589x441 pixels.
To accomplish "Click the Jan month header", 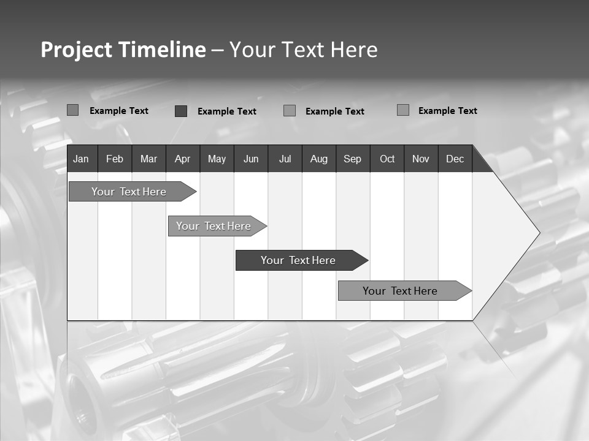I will click(x=81, y=159).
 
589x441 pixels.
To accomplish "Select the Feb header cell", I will click(x=115, y=159).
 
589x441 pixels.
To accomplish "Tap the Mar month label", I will click(x=148, y=159).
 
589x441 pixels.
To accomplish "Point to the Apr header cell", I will click(x=183, y=159).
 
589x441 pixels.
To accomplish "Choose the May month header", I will click(x=217, y=159).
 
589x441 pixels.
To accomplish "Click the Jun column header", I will click(x=251, y=159).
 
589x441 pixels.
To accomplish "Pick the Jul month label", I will click(x=285, y=159).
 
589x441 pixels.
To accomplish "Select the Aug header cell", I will click(x=319, y=159).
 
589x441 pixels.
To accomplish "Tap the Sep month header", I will click(x=353, y=159).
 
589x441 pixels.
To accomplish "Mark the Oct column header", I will click(x=387, y=159).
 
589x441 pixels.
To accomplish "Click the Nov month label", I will click(x=421, y=159).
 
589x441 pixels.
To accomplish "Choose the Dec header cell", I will click(x=455, y=159).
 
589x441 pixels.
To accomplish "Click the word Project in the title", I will click(x=77, y=50).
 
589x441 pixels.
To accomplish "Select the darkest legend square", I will click(x=181, y=111).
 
